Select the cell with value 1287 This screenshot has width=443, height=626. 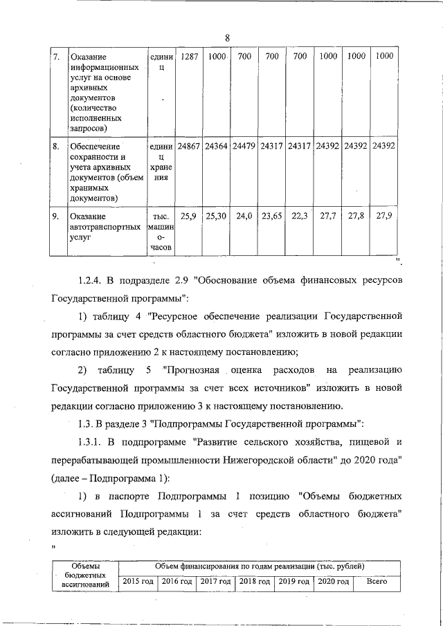188,56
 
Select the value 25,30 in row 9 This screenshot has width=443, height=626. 217,216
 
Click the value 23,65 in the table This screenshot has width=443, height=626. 272,216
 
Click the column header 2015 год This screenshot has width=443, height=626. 138,582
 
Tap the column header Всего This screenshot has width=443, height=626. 376,582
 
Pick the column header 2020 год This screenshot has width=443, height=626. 333,582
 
